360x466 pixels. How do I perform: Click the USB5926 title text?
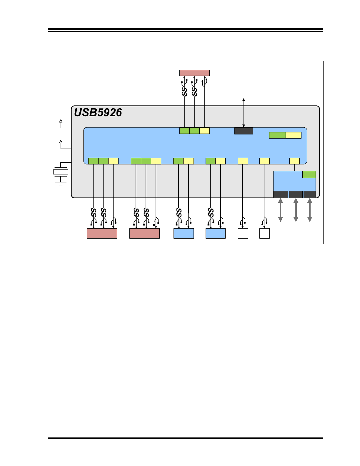(x=98, y=113)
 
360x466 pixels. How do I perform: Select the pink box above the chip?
(x=194, y=73)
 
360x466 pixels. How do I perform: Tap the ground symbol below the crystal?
(x=61, y=184)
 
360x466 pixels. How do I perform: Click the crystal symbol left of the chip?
(x=61, y=172)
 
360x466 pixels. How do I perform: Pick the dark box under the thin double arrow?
(x=244, y=131)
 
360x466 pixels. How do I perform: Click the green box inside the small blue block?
(x=309, y=174)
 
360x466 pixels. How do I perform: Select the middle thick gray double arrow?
(x=296, y=210)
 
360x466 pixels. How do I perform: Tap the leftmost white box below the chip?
(x=243, y=233)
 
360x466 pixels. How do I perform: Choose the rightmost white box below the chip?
(x=264, y=233)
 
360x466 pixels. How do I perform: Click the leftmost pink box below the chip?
(x=102, y=233)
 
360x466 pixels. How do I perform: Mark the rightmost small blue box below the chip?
(x=216, y=233)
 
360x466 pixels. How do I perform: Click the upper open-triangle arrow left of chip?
(x=61, y=121)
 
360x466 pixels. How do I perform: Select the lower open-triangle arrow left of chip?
(x=61, y=142)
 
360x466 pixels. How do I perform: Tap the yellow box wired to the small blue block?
(x=294, y=161)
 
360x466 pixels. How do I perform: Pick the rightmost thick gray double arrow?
(x=309, y=210)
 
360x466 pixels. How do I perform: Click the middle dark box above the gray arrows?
(x=296, y=194)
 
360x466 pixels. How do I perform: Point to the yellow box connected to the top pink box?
(x=204, y=131)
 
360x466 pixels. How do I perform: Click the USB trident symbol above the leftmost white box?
(x=242, y=221)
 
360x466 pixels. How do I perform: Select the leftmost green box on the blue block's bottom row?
(x=93, y=161)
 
